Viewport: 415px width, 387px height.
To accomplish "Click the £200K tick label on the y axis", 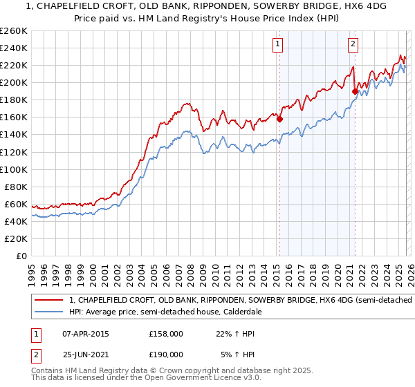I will tap(14, 82).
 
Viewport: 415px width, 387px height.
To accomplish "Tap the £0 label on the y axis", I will tap(21, 256).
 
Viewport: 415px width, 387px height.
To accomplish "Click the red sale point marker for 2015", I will tap(280, 119).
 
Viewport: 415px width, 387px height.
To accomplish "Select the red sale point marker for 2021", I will tap(355, 91).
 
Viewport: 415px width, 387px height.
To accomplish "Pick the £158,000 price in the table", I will tap(165, 334).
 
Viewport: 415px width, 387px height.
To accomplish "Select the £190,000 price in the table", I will tap(165, 353).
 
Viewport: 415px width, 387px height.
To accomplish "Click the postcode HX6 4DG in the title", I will tap(306, 5).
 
